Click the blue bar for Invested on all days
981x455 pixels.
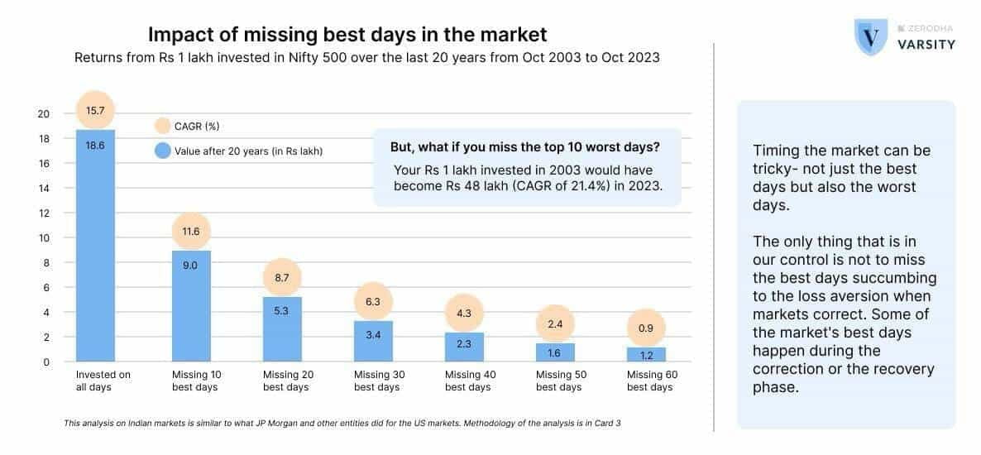(95, 248)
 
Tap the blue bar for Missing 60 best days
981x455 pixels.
(646, 354)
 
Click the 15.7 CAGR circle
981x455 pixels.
(95, 110)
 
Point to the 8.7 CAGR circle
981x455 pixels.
(281, 279)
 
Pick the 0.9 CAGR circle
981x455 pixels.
(646, 328)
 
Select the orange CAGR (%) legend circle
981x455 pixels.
(163, 126)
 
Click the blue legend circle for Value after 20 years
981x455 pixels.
(163, 151)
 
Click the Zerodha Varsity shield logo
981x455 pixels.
(871, 36)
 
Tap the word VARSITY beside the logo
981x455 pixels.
(926, 45)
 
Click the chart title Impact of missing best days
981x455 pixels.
(347, 35)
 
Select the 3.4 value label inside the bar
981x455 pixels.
(372, 335)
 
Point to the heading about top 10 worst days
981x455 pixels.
(524, 147)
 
